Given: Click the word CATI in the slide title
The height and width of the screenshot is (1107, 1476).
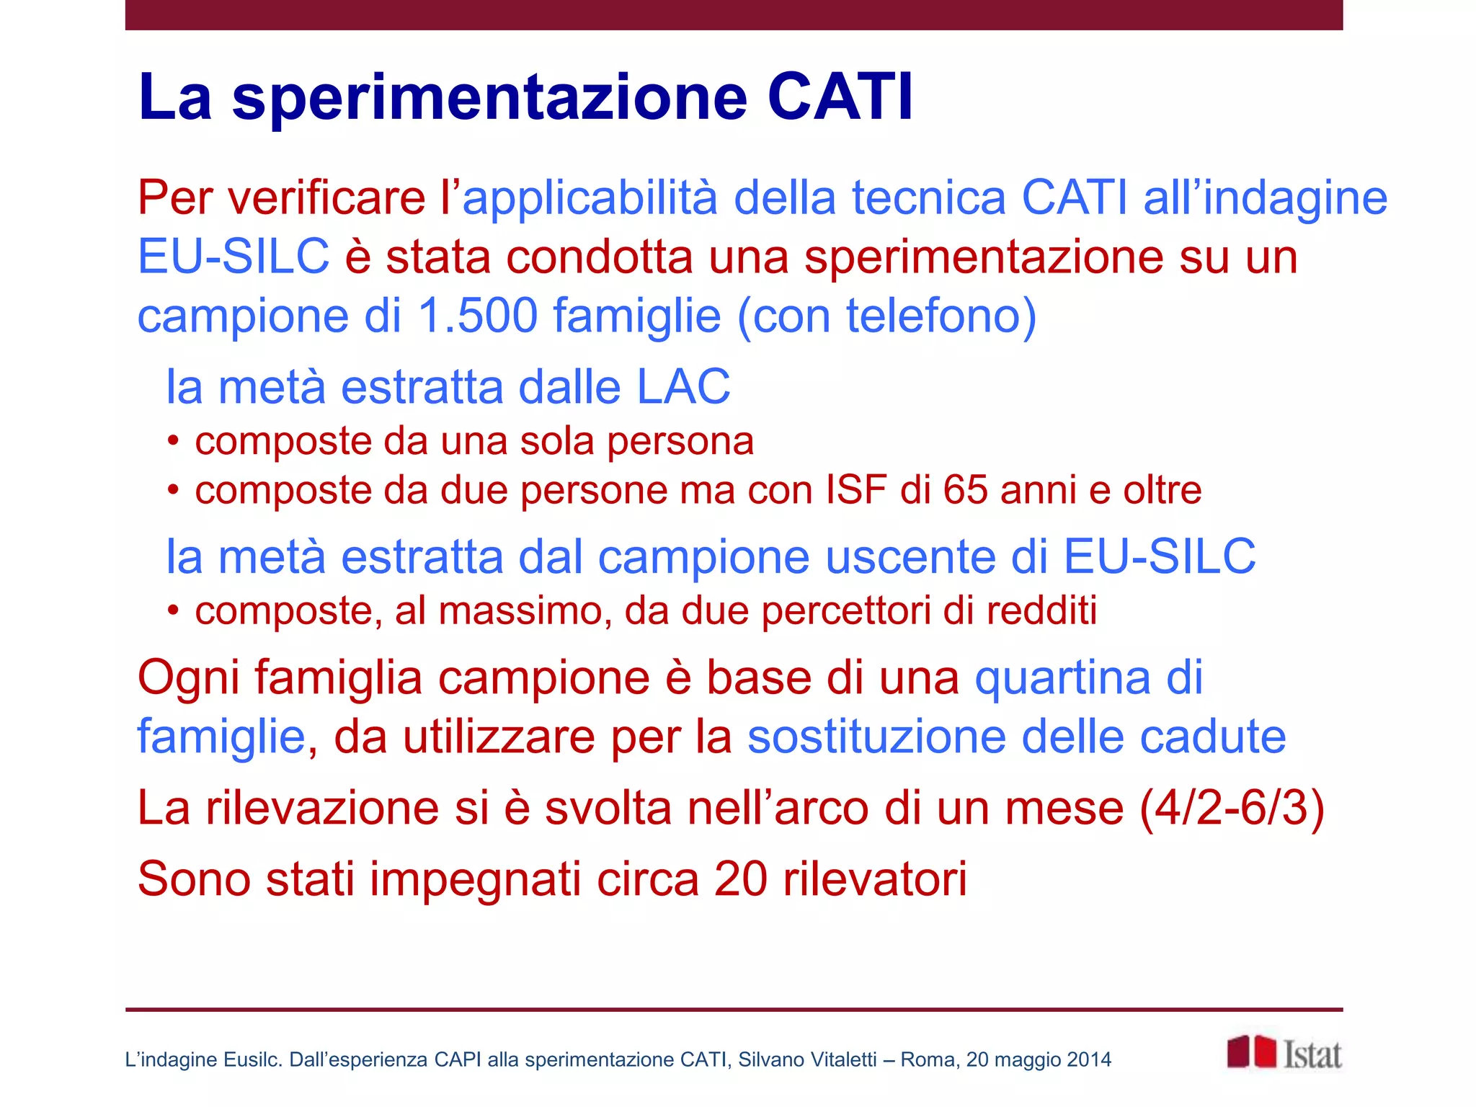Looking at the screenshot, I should (840, 97).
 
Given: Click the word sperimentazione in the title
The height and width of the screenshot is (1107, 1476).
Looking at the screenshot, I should (490, 99).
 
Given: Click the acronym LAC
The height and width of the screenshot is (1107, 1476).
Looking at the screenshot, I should (683, 386).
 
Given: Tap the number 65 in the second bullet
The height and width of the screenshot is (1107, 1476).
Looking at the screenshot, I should (965, 490).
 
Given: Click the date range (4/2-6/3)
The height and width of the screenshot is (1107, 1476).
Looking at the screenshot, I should (1232, 808).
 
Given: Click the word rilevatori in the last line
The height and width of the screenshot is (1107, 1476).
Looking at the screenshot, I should (875, 879).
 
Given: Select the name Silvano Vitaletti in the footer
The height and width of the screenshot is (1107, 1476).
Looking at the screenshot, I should (807, 1059).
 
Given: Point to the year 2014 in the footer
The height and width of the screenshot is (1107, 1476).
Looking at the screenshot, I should (1089, 1059).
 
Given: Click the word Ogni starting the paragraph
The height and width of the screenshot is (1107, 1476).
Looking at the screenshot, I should (189, 679).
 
